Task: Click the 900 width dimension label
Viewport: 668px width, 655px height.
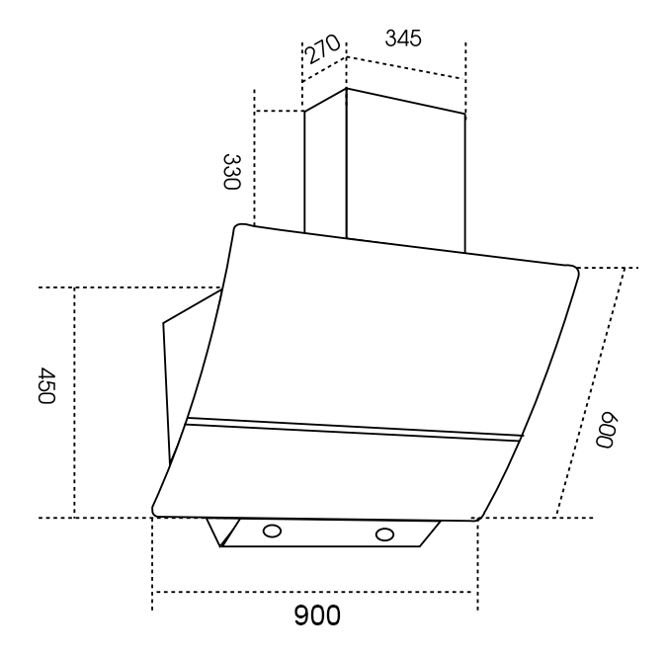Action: coord(317,614)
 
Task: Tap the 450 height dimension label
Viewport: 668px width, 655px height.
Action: coord(46,386)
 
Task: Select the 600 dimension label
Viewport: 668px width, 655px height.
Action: coord(606,430)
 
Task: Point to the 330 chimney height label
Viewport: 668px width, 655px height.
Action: coord(232,172)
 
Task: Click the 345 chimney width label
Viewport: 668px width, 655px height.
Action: coord(403,38)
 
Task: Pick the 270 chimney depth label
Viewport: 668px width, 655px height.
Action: coord(322,48)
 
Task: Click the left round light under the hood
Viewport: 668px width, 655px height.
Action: coord(272,532)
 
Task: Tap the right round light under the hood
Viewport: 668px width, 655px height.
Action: coord(384,534)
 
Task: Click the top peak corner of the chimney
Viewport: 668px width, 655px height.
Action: coord(346,88)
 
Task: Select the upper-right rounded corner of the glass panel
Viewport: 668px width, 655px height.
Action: coord(573,270)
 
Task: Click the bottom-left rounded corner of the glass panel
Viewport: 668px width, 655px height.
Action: coord(155,512)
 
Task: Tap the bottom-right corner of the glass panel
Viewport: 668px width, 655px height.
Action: coord(477,519)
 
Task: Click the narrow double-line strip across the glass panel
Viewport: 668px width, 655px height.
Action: coord(354,430)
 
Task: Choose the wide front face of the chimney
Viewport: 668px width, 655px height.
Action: coord(405,170)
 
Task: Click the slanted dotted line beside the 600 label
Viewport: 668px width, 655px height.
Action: coord(591,392)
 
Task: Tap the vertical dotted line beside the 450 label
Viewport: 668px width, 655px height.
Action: coord(74,403)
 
